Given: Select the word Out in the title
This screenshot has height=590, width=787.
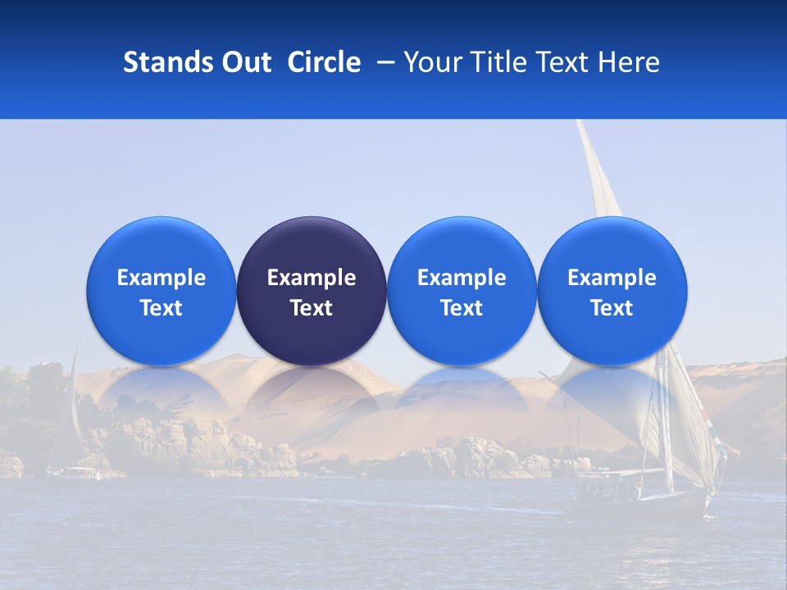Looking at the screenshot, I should tap(244, 62).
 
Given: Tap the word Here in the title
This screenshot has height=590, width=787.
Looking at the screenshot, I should tap(628, 62).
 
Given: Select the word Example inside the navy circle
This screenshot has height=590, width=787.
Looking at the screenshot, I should tap(312, 278).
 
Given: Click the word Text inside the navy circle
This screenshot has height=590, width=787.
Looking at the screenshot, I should tap(312, 308).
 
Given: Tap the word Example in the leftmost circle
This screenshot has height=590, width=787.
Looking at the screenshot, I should tap(161, 278).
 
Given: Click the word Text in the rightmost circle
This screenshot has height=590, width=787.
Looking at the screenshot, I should tap(612, 308).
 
